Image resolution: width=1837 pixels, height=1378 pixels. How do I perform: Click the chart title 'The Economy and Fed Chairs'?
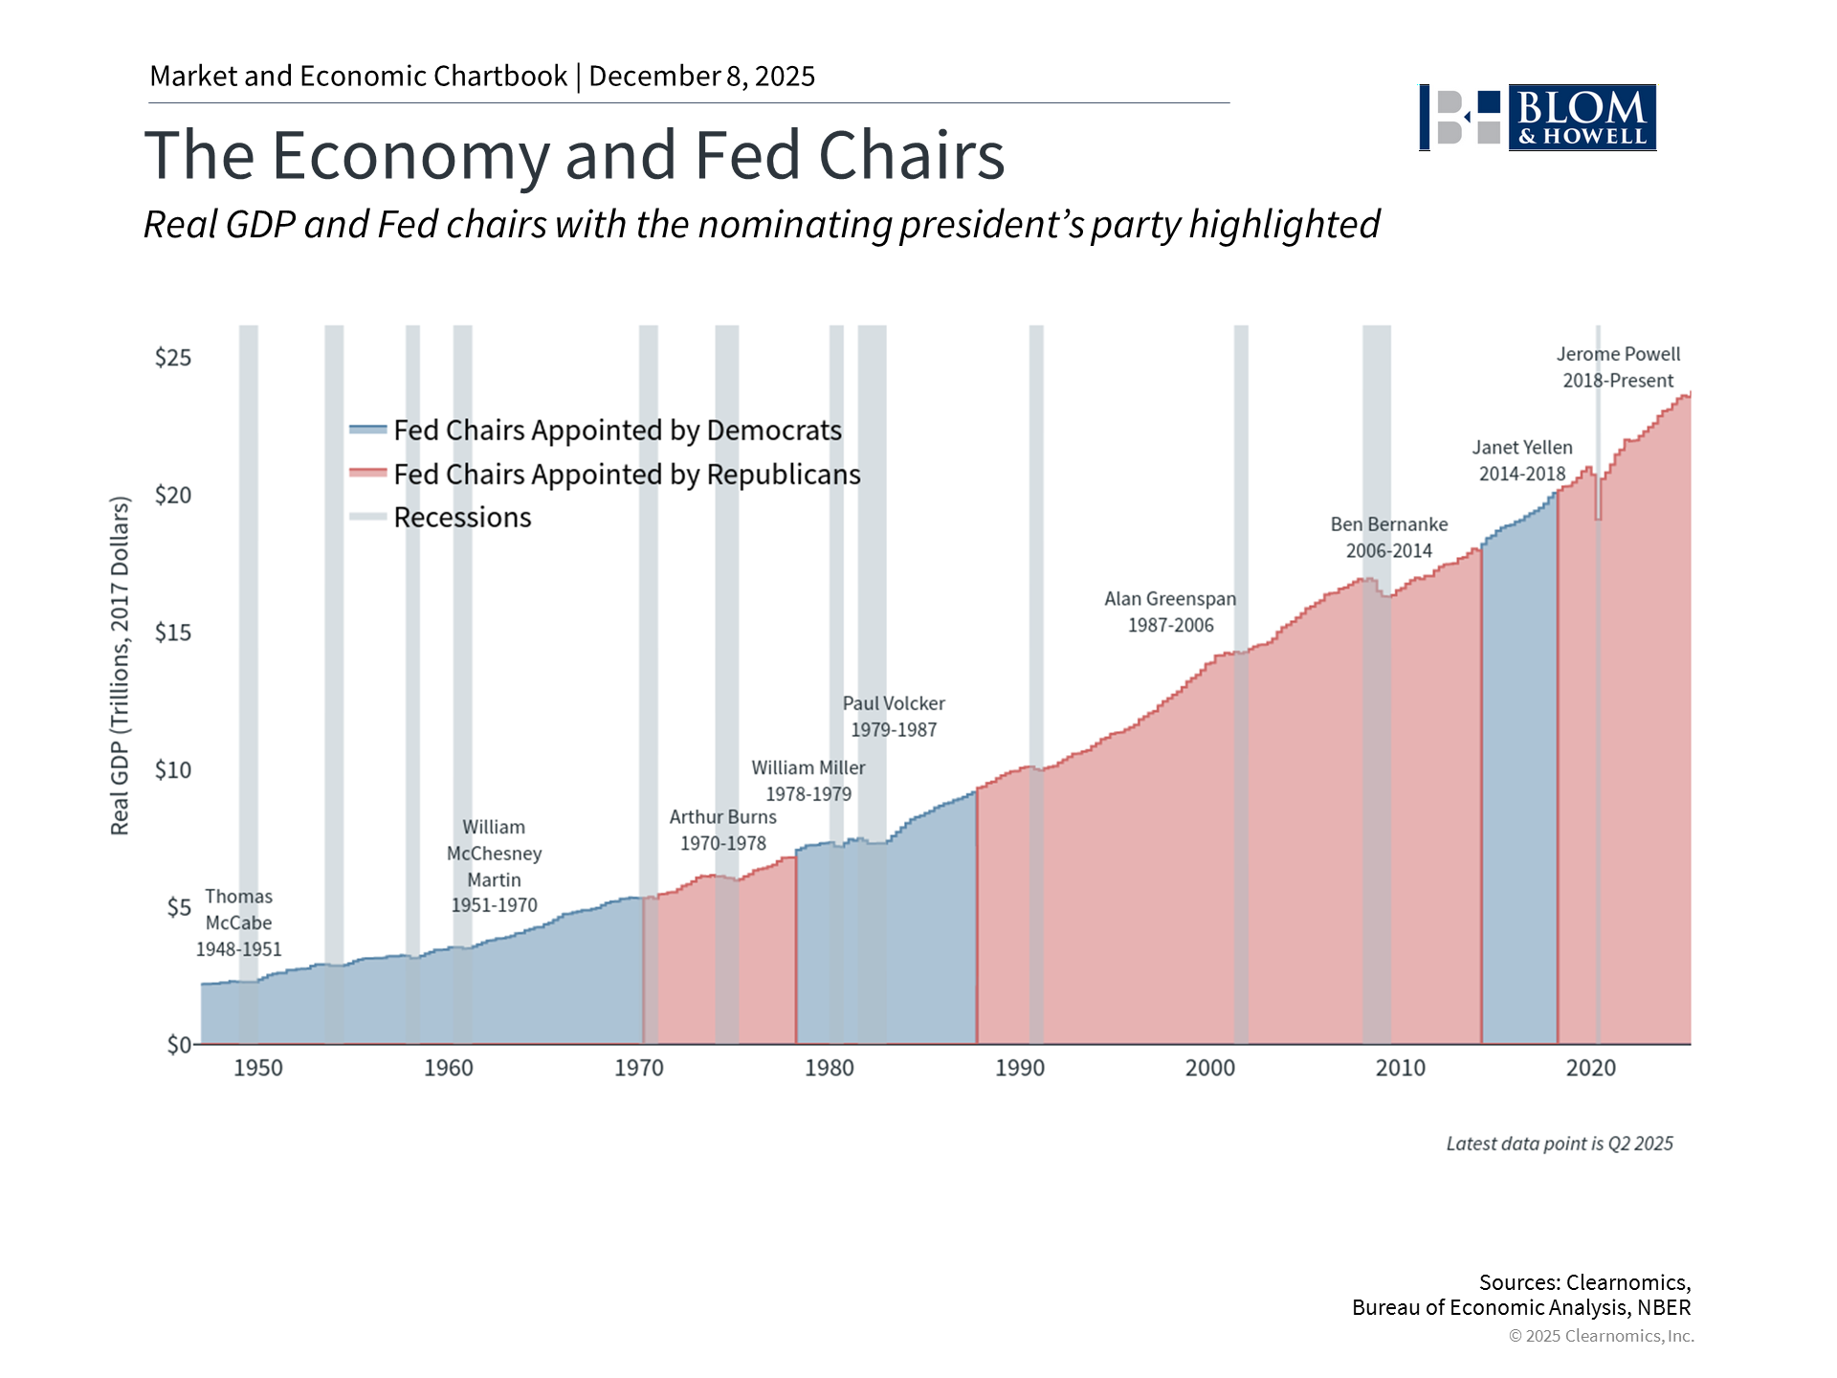pyautogui.click(x=574, y=155)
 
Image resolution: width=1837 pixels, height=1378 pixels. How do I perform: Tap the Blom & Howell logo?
pyautogui.click(x=1537, y=118)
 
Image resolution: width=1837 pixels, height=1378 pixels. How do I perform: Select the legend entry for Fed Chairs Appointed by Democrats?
pyautogui.click(x=616, y=431)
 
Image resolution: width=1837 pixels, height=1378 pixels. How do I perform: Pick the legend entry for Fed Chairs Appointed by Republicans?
pyautogui.click(x=626, y=475)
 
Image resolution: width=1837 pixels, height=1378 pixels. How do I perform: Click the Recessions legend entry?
pyautogui.click(x=461, y=518)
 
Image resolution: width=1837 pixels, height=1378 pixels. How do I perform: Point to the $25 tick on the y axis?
pyautogui.click(x=173, y=358)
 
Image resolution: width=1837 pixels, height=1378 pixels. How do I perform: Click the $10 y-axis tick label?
pyautogui.click(x=173, y=770)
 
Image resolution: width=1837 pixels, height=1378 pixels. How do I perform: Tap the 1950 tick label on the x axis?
pyautogui.click(x=258, y=1068)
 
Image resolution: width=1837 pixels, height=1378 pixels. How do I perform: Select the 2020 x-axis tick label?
pyautogui.click(x=1590, y=1068)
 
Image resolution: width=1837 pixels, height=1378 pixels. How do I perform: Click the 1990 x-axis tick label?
pyautogui.click(x=1020, y=1068)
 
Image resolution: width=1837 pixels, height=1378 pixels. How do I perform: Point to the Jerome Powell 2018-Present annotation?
pyautogui.click(x=1618, y=367)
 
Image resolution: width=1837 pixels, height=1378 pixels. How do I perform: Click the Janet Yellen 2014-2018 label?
pyautogui.click(x=1522, y=460)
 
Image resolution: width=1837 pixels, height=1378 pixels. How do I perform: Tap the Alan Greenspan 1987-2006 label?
pyautogui.click(x=1170, y=611)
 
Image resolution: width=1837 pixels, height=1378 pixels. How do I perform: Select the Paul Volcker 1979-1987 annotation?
pyautogui.click(x=894, y=716)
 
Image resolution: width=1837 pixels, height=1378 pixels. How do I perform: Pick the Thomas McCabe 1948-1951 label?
pyautogui.click(x=239, y=922)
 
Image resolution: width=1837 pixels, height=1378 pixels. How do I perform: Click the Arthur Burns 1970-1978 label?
pyautogui.click(x=723, y=830)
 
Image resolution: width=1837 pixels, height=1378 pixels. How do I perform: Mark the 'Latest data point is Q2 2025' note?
pyautogui.click(x=1560, y=1144)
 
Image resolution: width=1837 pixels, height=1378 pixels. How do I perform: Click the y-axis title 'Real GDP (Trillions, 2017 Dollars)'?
pyautogui.click(x=120, y=666)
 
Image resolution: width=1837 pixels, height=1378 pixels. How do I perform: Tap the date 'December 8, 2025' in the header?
pyautogui.click(x=701, y=77)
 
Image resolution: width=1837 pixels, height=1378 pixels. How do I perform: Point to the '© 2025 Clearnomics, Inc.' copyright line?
pyautogui.click(x=1601, y=1336)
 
